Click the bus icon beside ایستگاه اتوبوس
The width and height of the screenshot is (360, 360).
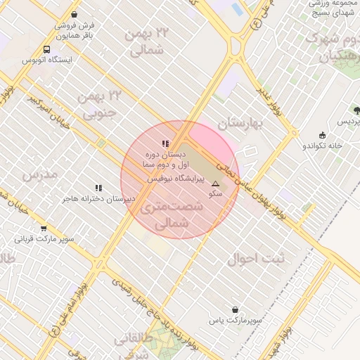(x=46, y=50)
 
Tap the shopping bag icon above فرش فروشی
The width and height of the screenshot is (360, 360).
(x=74, y=14)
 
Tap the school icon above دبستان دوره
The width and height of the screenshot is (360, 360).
(x=165, y=143)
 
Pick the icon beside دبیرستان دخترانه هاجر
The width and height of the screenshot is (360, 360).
(x=98, y=188)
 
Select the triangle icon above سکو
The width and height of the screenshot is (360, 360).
(x=215, y=183)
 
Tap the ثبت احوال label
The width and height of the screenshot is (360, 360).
(x=257, y=259)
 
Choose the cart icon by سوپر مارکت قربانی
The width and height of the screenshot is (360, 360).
(x=44, y=228)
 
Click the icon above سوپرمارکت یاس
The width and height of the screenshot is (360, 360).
(x=235, y=309)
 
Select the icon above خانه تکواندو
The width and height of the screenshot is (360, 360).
(x=322, y=135)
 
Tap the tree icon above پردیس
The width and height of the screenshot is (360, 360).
(x=356, y=110)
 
